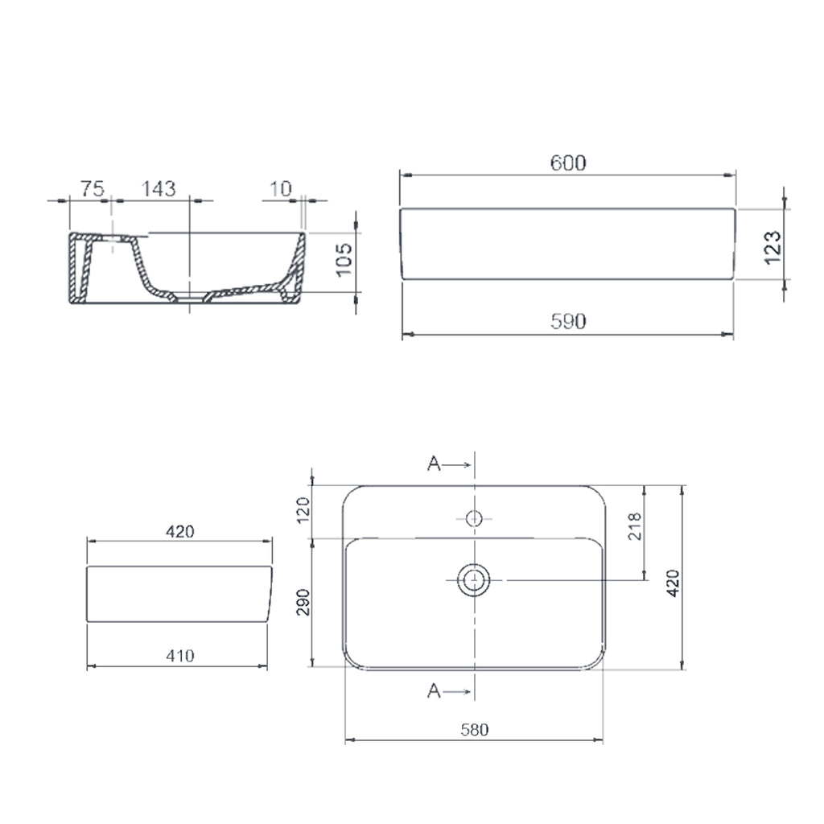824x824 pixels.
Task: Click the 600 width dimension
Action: click(568, 163)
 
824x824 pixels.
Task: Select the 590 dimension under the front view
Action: click(568, 321)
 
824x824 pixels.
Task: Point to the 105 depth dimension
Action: click(344, 260)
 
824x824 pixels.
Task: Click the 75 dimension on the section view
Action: click(91, 189)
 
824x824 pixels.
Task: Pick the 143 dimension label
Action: click(159, 189)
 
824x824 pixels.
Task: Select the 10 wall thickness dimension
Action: click(280, 189)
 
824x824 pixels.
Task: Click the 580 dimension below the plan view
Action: click(475, 730)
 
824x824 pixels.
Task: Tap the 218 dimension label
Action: click(633, 527)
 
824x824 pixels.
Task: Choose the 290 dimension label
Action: click(303, 602)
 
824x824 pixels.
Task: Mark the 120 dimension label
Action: click(303, 511)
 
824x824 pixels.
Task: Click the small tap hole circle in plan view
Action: click(475, 518)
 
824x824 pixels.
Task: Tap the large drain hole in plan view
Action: click(475, 579)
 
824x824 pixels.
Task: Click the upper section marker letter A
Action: click(434, 464)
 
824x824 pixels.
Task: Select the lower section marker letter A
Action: click(434, 690)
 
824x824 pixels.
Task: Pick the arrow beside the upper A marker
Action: click(457, 464)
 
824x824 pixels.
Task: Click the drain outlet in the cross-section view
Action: click(190, 298)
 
